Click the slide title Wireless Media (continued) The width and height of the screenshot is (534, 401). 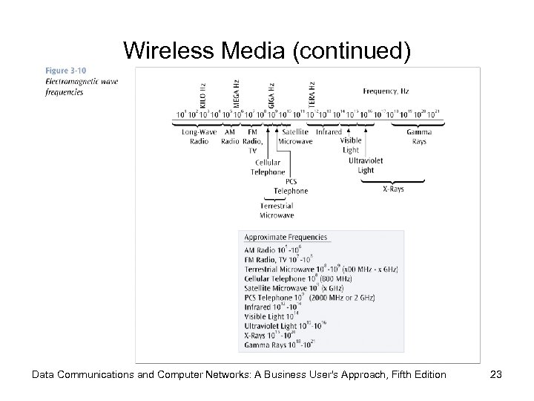pos(266,50)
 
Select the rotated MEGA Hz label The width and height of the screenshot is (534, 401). pos(236,94)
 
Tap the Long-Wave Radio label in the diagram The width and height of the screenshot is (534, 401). pos(200,137)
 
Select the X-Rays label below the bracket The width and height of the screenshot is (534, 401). pos(394,189)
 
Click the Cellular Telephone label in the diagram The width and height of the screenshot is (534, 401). pos(268,166)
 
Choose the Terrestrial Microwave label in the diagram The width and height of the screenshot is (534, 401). pos(277,210)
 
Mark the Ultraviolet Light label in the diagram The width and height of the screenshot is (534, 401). pos(366,165)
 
